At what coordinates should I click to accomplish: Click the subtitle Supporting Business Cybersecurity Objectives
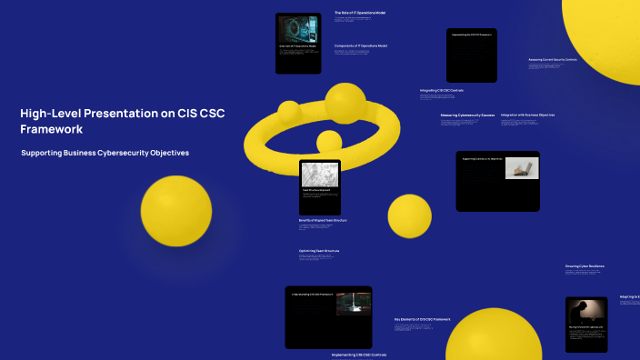click(x=105, y=153)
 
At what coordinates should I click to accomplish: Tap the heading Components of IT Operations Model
click(x=361, y=45)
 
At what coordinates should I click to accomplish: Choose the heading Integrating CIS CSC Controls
click(x=442, y=91)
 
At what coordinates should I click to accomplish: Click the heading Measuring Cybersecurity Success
click(x=467, y=115)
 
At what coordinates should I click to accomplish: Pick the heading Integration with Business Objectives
click(x=527, y=115)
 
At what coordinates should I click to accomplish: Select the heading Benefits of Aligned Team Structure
click(x=323, y=220)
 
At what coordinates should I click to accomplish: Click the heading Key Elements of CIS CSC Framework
click(x=422, y=319)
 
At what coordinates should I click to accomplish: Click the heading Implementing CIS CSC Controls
click(x=358, y=355)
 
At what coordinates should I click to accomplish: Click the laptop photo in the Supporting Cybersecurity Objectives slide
click(x=522, y=168)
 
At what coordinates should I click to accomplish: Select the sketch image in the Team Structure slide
click(x=319, y=176)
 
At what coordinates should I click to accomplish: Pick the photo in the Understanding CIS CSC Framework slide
click(x=353, y=303)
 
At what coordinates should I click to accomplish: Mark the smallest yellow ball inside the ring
click(x=328, y=141)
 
